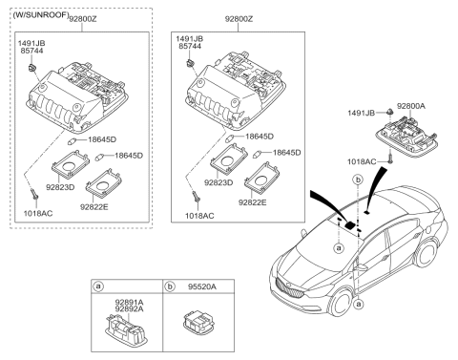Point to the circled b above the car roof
[x=358, y=179]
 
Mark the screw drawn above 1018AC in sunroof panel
[x=35, y=194]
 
